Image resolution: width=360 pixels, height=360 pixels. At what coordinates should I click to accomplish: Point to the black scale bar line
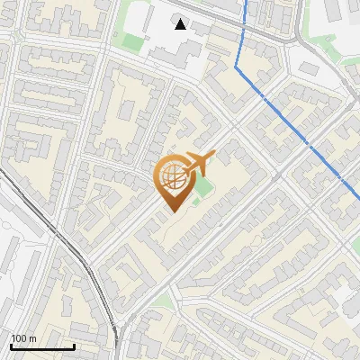click(41, 346)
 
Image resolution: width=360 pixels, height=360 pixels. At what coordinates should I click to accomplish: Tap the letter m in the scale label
click(32, 338)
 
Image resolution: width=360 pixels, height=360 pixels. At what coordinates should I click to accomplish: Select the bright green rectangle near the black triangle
click(133, 42)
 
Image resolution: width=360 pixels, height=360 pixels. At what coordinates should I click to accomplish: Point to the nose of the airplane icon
click(212, 156)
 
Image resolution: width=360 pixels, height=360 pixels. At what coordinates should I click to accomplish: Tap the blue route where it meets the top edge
click(246, 1)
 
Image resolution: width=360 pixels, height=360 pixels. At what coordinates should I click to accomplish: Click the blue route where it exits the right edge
click(358, 193)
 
